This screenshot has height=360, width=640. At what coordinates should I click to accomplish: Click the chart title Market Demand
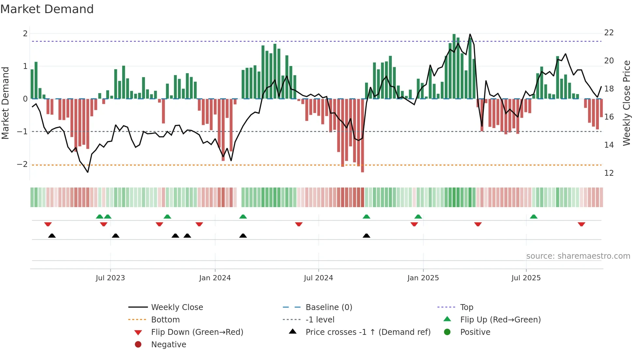(x=47, y=9)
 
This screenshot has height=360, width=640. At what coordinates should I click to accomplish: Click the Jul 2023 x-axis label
(x=110, y=278)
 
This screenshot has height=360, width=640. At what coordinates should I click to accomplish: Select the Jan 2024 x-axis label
(x=215, y=278)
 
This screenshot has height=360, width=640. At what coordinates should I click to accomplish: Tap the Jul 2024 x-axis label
(x=318, y=278)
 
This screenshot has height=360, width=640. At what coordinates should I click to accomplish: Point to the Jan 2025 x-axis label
(x=423, y=278)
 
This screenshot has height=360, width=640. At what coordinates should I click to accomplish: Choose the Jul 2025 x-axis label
(x=526, y=278)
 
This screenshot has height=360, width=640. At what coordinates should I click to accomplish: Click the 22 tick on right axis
(x=609, y=33)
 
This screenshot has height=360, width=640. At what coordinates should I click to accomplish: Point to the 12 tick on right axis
(x=609, y=173)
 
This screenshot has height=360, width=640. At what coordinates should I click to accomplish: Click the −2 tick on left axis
(x=22, y=164)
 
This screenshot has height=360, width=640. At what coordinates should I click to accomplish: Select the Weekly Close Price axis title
(x=626, y=103)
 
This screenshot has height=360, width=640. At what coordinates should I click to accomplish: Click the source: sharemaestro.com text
(x=578, y=256)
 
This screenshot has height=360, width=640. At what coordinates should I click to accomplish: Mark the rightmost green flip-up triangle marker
(x=534, y=217)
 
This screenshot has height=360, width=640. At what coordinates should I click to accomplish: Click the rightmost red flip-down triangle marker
(x=581, y=224)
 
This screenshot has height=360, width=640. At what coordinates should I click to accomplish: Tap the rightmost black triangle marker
(x=366, y=236)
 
